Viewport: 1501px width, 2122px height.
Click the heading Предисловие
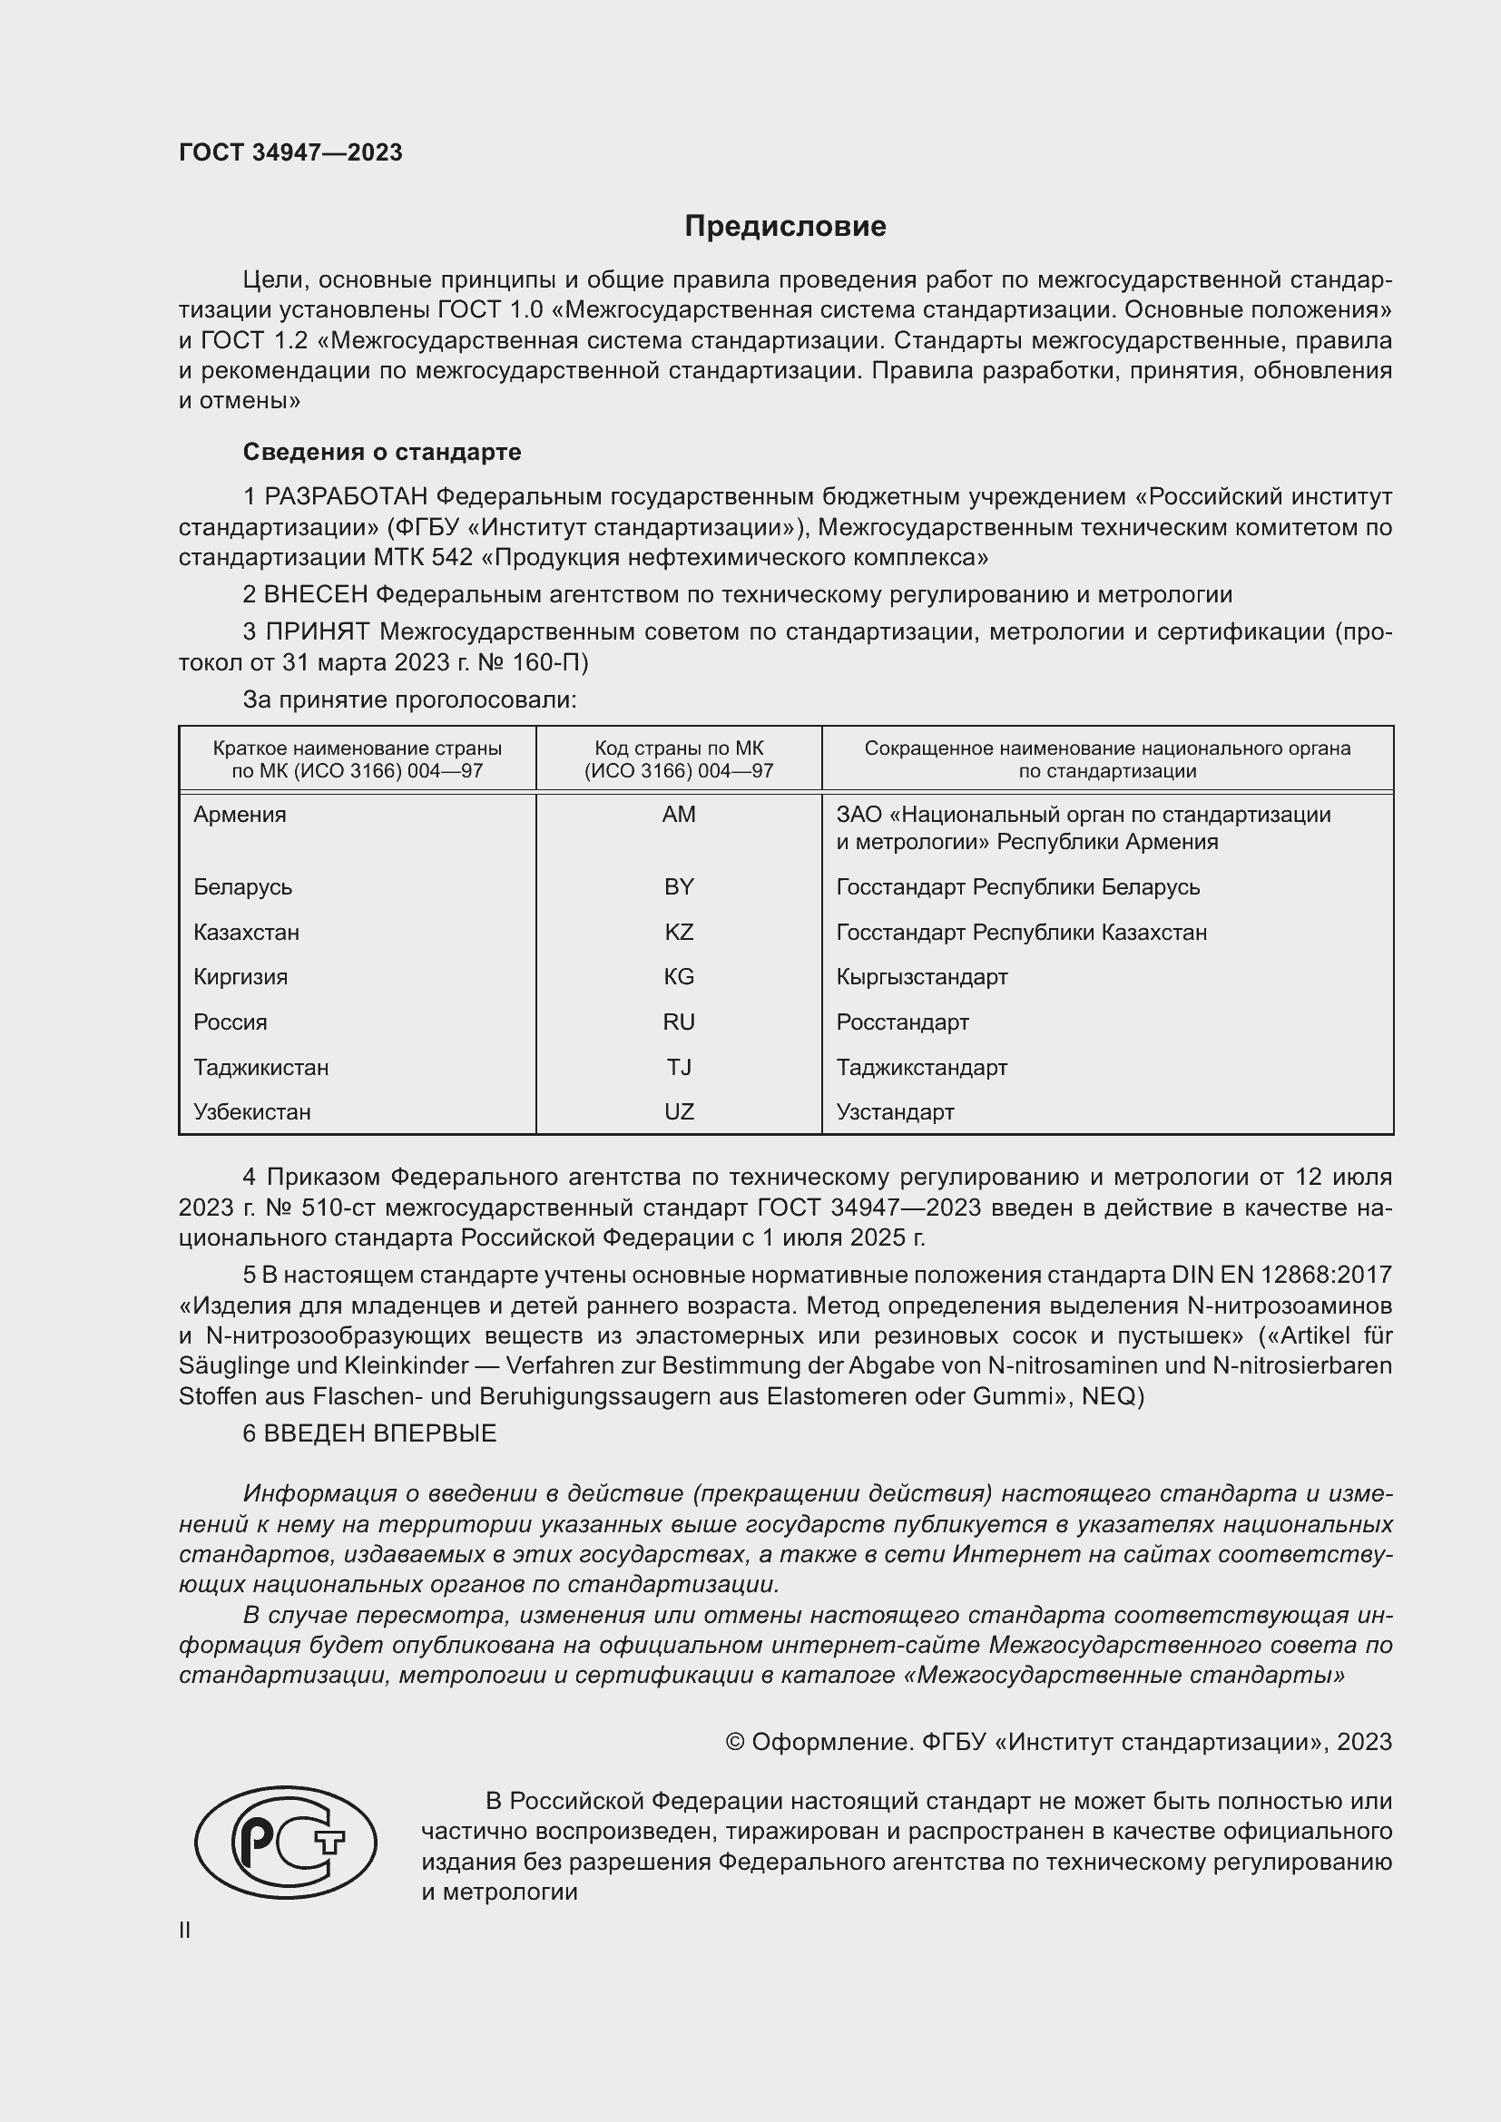(x=785, y=227)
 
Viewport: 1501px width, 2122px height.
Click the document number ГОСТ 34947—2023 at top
(x=290, y=152)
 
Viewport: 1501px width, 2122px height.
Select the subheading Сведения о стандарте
(x=382, y=452)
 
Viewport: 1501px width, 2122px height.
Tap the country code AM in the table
(x=679, y=814)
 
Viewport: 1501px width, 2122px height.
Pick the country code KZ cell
(x=679, y=932)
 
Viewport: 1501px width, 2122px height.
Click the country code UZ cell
(x=679, y=1112)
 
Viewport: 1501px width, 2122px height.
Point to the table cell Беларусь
(x=243, y=887)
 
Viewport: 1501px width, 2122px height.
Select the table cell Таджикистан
(x=260, y=1068)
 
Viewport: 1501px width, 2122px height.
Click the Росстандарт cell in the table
(x=902, y=1022)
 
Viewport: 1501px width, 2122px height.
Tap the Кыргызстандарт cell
(x=921, y=977)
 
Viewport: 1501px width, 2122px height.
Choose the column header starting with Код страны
(x=679, y=759)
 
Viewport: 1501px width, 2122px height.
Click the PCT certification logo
(x=286, y=1842)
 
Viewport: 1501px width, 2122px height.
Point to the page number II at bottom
(x=185, y=1930)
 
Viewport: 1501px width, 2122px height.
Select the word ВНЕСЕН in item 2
(x=316, y=595)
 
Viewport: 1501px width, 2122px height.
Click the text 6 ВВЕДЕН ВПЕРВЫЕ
(x=369, y=1433)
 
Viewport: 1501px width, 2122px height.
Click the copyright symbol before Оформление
(x=735, y=1742)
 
